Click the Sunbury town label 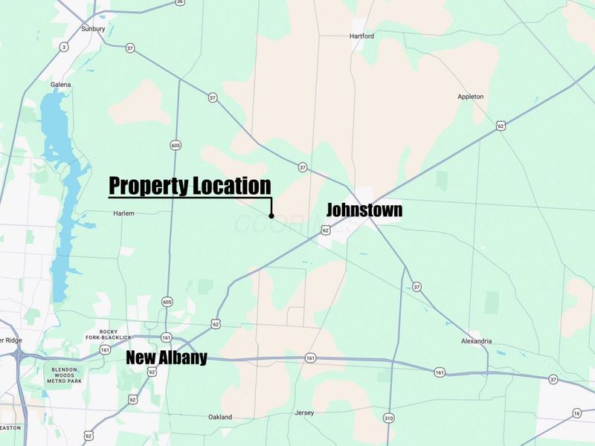click(93, 29)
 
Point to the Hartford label click(361, 36)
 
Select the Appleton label click(471, 97)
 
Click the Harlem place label click(123, 213)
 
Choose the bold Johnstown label click(364, 210)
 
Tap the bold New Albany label click(166, 358)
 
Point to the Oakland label click(220, 416)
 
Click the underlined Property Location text click(190, 186)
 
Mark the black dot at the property click(271, 216)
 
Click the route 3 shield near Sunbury click(64, 48)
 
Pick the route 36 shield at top click(180, 2)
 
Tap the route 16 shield click(577, 413)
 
